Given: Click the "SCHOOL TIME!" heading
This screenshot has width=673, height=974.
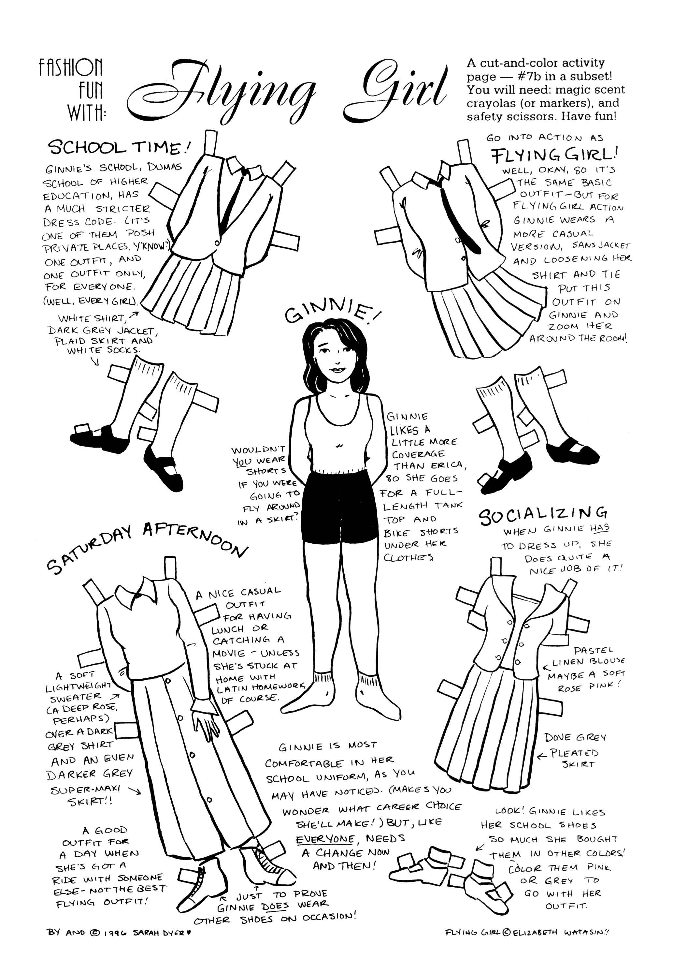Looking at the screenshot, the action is click(x=120, y=147).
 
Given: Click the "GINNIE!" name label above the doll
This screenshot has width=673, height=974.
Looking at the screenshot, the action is click(x=333, y=313).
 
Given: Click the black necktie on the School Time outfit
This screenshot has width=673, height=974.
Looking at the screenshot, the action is click(x=232, y=195).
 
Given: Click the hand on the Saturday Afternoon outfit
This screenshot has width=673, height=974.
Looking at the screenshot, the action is click(x=205, y=719).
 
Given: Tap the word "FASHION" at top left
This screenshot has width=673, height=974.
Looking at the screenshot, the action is click(x=71, y=67).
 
